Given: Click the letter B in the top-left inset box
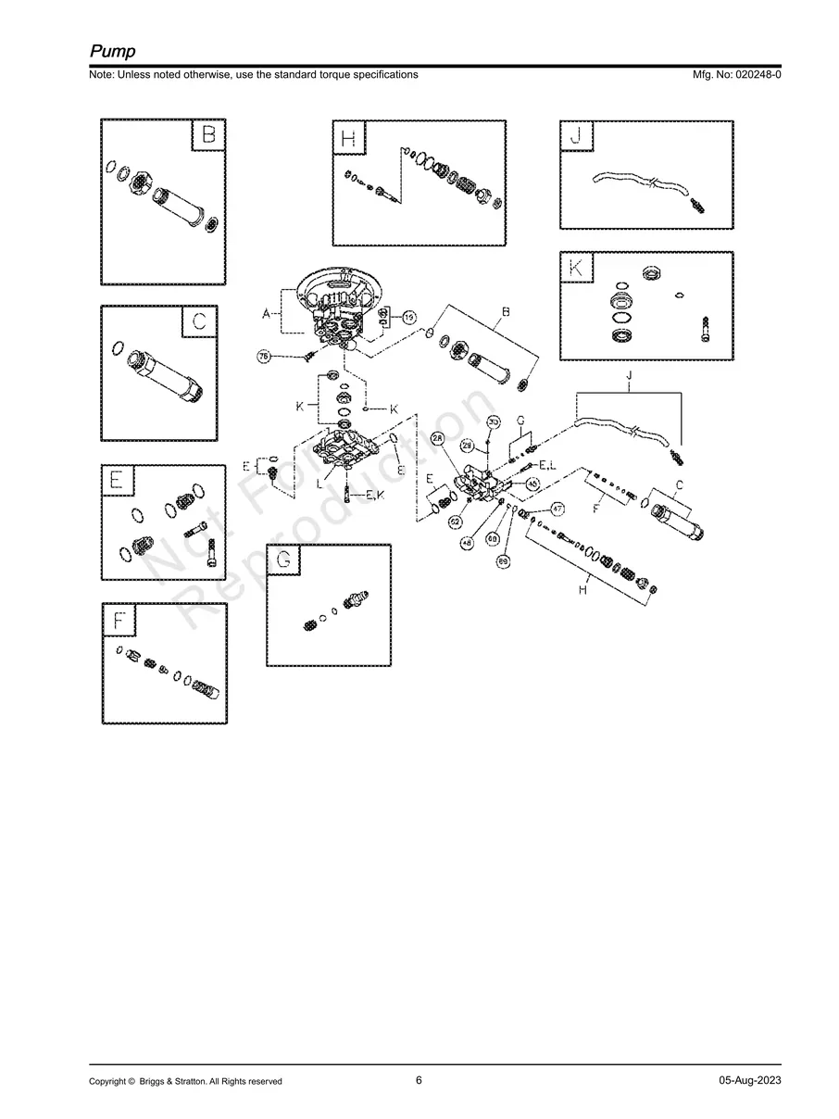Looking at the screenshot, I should click(208, 135).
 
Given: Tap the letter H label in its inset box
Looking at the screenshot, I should click(348, 138).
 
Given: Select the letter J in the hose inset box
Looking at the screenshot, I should click(576, 137).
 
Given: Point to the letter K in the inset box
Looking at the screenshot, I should click(576, 268).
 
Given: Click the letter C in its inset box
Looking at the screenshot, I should click(200, 322).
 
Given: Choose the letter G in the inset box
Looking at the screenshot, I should click(283, 559).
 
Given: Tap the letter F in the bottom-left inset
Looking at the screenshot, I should click(118, 620).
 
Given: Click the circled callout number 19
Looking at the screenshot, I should click(410, 317).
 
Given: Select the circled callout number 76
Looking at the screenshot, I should click(264, 357).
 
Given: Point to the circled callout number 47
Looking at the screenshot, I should click(557, 508).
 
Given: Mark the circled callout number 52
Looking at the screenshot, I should click(455, 522).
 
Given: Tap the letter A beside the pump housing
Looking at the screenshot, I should click(267, 314).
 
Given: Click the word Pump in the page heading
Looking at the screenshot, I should click(112, 51).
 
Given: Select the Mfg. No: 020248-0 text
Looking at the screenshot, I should click(731, 74).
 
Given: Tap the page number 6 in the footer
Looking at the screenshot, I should click(419, 1080).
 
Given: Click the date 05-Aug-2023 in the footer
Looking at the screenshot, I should click(749, 1081).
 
